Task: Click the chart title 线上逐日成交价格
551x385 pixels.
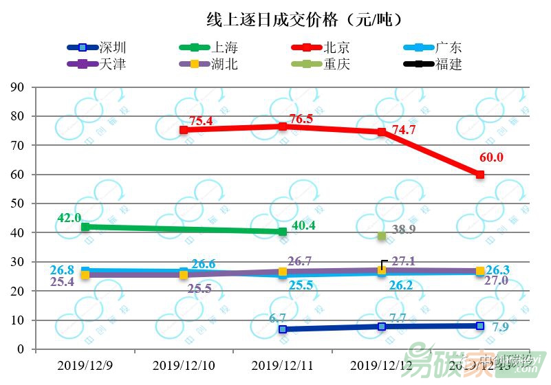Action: pyautogui.click(x=303, y=19)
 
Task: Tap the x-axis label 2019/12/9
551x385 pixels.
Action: pyautogui.click(x=85, y=364)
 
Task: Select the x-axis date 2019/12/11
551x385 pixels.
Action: pyautogui.click(x=282, y=364)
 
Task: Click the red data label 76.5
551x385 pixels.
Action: pyautogui.click(x=300, y=119)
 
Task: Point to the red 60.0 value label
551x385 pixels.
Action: pyautogui.click(x=491, y=157)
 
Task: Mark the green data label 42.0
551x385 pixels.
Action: pyautogui.click(x=69, y=218)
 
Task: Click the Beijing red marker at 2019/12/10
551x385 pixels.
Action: pyautogui.click(x=184, y=130)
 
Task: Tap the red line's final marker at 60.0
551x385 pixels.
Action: pyautogui.click(x=480, y=175)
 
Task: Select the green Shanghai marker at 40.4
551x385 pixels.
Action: pyautogui.click(x=282, y=232)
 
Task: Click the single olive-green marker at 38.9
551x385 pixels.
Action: pyautogui.click(x=381, y=236)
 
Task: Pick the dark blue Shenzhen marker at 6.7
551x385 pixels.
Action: pyautogui.click(x=282, y=329)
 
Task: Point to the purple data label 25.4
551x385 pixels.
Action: pyautogui.click(x=63, y=281)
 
